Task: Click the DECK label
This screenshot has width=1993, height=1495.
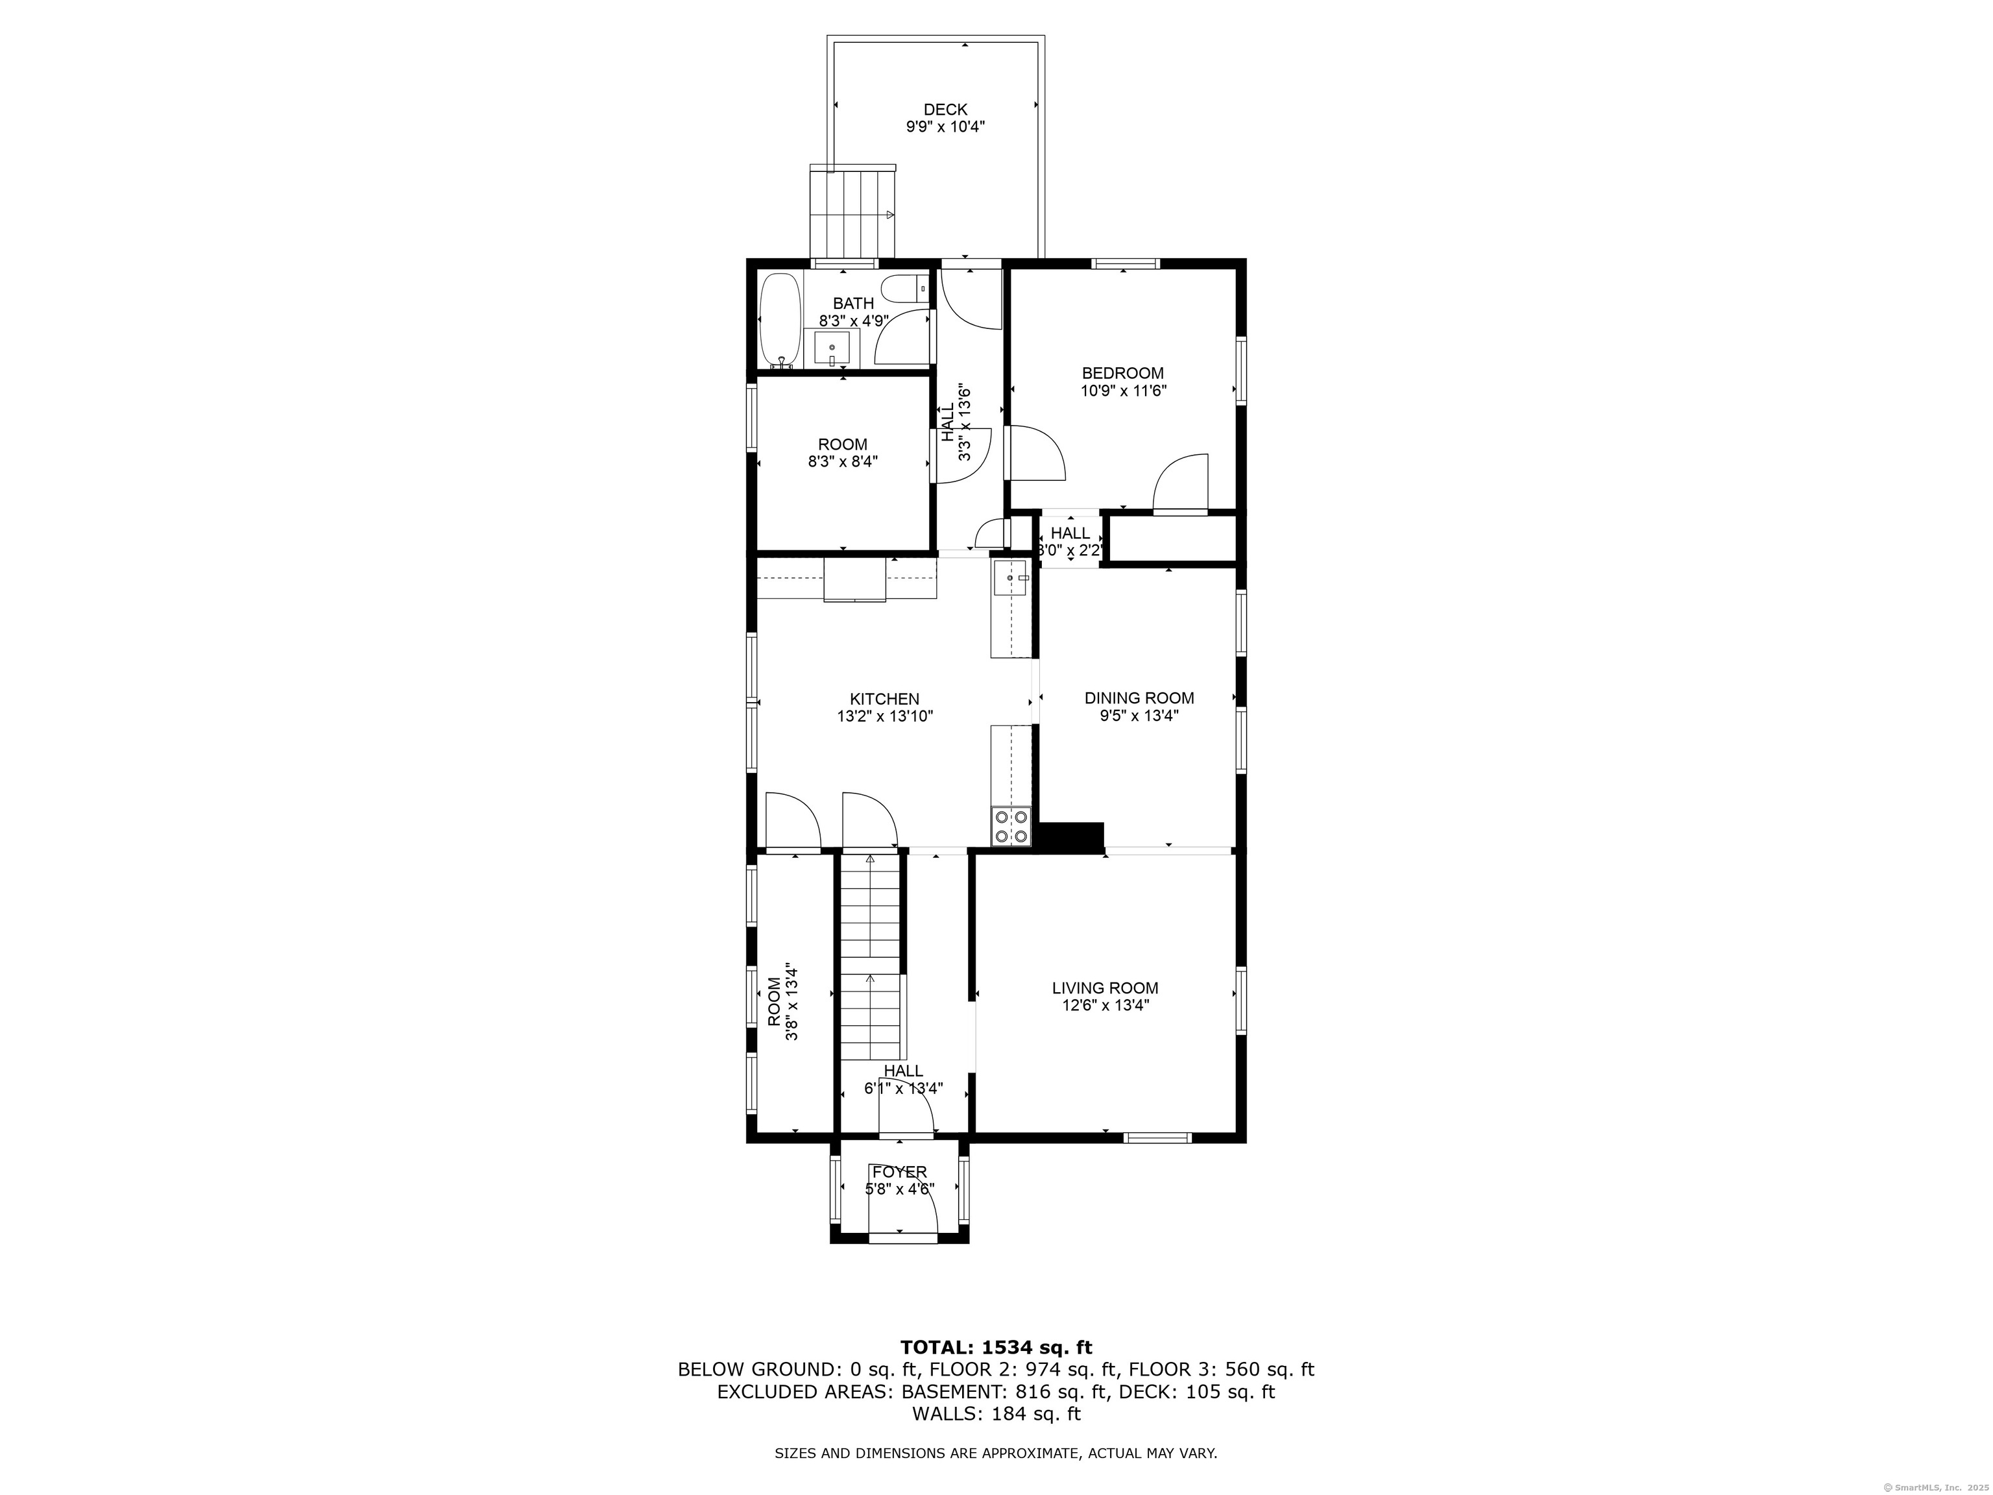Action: tap(945, 110)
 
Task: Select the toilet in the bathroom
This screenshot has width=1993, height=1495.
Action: tap(904, 289)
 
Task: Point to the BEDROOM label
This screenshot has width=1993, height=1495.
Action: tap(1122, 373)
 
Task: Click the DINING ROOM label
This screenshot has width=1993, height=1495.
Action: tap(1139, 698)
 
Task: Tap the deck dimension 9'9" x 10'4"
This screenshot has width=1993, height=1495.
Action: tap(945, 128)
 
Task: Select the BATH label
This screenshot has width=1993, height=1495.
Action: tap(853, 304)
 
